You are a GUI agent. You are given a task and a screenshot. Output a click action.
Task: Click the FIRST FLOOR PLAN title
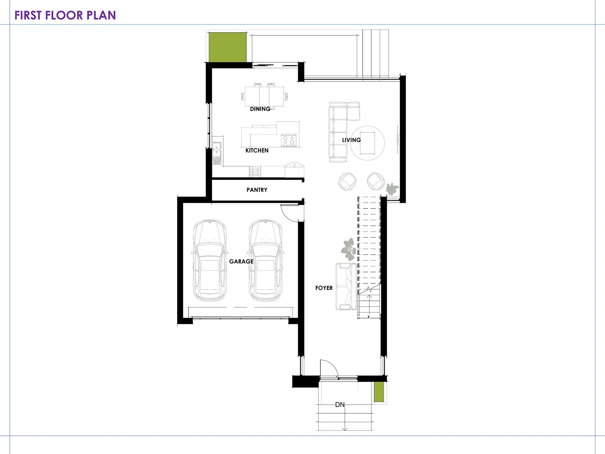(x=65, y=15)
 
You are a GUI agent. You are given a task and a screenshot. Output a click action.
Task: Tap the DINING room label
(x=260, y=109)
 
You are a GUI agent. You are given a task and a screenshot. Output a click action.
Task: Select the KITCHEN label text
(x=257, y=151)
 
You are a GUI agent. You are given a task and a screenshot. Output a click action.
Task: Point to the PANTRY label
(x=257, y=190)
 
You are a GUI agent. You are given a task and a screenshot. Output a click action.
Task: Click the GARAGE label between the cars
(x=241, y=262)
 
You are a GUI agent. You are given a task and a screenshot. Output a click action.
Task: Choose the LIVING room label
(x=351, y=140)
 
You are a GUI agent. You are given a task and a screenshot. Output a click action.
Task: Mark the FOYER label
(x=324, y=288)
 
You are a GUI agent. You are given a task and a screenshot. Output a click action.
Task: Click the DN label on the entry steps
(x=340, y=405)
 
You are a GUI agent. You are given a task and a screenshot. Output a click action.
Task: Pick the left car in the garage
(x=210, y=260)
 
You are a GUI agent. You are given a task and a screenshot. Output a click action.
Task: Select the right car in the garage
(x=266, y=260)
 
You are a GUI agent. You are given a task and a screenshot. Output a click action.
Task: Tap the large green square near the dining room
(x=228, y=47)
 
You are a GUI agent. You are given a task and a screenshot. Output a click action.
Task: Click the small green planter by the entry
(x=379, y=392)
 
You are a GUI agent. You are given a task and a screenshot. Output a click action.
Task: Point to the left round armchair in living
(x=347, y=182)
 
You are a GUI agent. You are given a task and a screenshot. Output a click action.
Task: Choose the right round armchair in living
(x=375, y=182)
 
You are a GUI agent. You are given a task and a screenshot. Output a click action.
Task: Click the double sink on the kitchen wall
(x=217, y=153)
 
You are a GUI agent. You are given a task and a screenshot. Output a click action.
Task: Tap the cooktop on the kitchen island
(x=289, y=140)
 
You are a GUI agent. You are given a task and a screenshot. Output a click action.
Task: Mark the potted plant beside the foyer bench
(x=349, y=249)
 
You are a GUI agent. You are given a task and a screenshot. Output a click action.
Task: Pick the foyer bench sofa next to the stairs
(x=346, y=287)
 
